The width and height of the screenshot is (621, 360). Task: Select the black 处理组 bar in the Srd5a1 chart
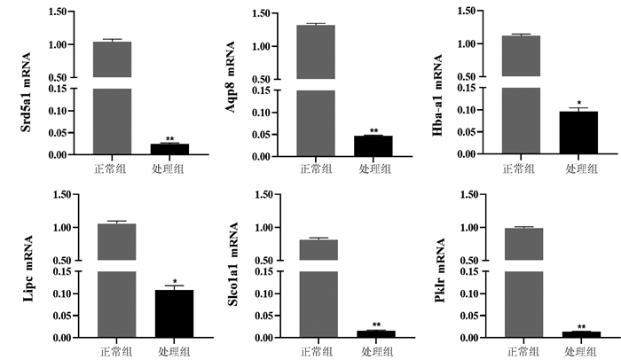[169, 149]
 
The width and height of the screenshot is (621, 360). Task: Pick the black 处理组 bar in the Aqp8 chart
[373, 145]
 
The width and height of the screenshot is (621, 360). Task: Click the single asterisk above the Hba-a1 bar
[578, 103]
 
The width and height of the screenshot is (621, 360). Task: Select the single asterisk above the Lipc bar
[175, 282]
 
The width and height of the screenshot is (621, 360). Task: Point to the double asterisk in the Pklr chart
[581, 327]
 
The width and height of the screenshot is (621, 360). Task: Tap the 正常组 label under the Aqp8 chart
[316, 167]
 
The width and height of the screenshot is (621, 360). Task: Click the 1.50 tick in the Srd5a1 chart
[57, 13]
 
